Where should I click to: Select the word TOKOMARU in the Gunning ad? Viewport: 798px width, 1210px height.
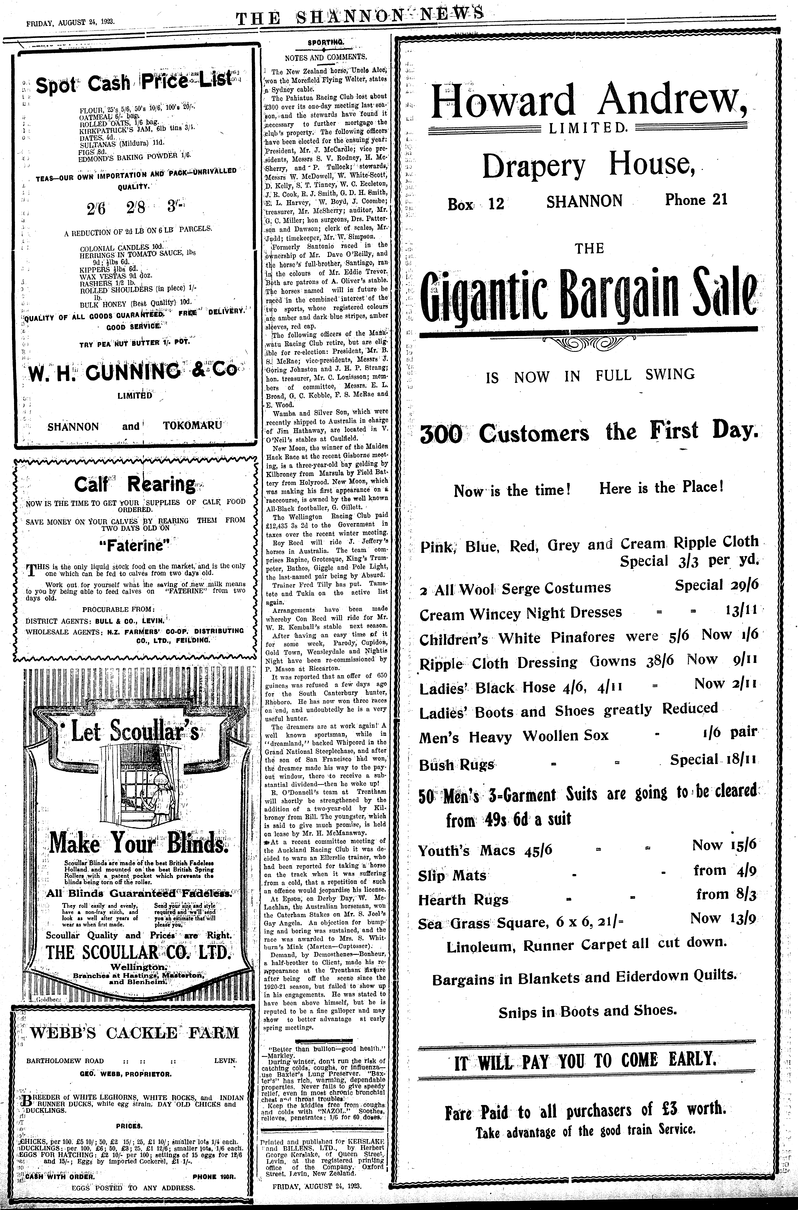coord(192,425)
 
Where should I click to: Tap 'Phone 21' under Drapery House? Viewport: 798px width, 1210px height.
coord(696,200)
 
